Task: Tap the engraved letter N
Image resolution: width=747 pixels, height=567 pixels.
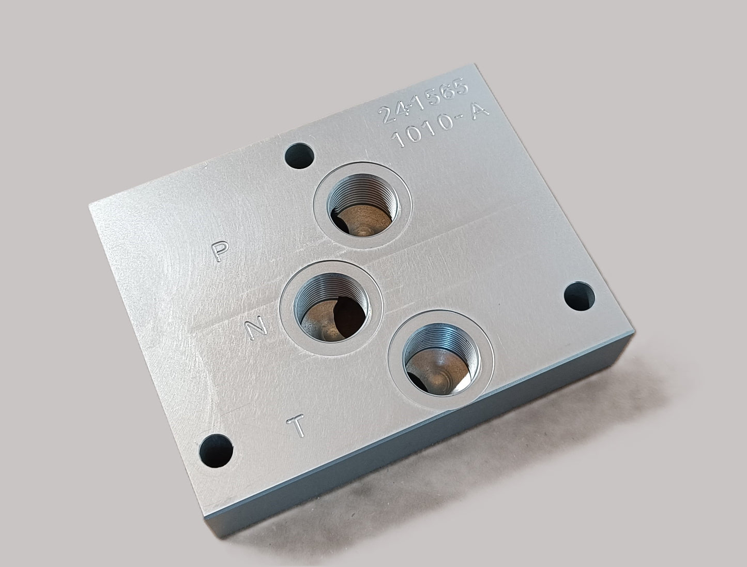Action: (x=256, y=328)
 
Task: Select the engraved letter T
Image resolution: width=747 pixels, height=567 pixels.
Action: (x=296, y=425)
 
